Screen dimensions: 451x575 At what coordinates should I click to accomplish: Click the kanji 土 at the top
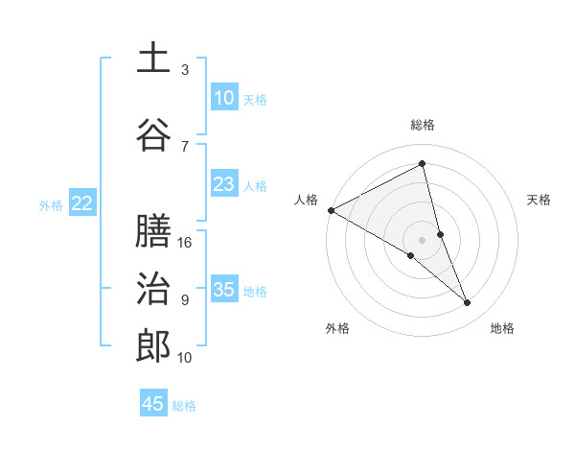point(153,59)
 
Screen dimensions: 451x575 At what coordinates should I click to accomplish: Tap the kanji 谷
point(153,136)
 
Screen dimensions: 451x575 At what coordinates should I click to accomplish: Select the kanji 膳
point(153,231)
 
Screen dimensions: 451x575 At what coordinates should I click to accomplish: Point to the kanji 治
point(153,289)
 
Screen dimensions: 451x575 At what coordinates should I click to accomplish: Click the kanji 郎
point(153,346)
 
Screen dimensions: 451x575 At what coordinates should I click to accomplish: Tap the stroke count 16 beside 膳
point(186,243)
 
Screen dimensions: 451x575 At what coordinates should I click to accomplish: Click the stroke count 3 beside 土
point(185,70)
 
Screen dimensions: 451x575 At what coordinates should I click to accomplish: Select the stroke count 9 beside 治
point(185,300)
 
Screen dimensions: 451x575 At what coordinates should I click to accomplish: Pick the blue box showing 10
point(223,98)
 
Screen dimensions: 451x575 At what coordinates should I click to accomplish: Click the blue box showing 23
point(223,184)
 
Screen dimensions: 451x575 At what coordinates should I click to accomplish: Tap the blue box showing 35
point(223,290)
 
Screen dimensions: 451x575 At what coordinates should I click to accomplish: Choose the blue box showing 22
point(81,203)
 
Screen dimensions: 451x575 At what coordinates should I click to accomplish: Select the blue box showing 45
point(153,404)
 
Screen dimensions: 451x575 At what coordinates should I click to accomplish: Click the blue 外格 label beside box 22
point(51,204)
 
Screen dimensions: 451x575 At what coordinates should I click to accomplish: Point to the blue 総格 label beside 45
point(184,406)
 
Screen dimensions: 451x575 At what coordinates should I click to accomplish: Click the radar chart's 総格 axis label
point(423,126)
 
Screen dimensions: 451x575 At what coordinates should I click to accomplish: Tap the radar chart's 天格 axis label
point(539,200)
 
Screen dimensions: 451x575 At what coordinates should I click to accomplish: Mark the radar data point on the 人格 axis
point(331,209)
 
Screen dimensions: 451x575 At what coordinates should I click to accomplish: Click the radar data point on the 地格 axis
point(468,302)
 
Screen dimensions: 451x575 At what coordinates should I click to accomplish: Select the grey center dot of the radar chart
point(423,239)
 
